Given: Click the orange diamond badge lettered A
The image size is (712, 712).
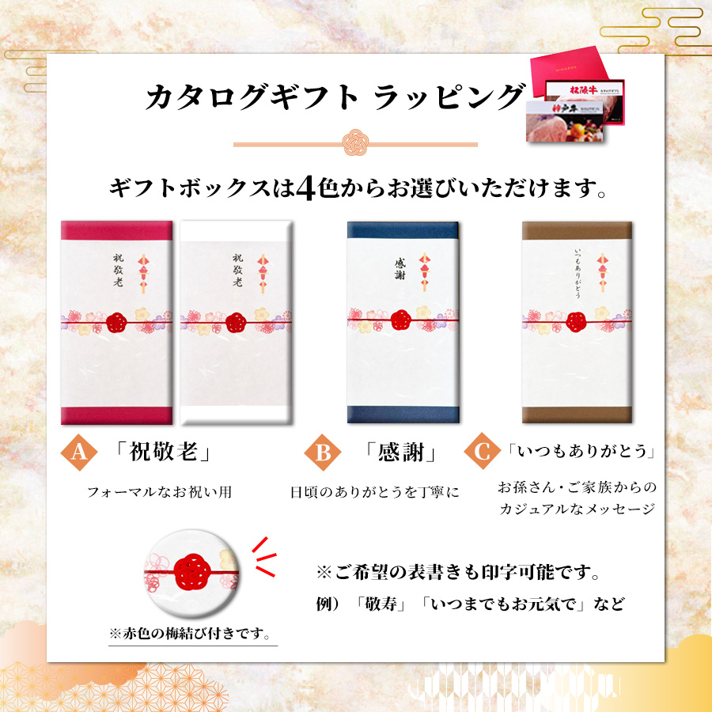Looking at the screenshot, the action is click(79, 452).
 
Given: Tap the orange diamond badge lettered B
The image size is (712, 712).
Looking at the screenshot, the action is click(323, 452).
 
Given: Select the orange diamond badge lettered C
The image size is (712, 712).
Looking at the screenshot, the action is click(483, 451).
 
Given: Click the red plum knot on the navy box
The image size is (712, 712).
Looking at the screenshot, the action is click(401, 320).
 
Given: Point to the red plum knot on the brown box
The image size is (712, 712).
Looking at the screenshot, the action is click(576, 321).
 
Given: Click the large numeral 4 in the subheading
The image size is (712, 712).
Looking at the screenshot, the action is click(305, 188).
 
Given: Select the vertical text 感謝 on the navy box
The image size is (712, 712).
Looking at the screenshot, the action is click(400, 269).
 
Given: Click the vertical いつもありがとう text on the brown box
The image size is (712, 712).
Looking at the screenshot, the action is click(578, 273).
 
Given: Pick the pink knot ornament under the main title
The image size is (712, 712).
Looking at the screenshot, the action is click(355, 142).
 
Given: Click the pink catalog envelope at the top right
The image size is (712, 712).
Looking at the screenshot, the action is click(570, 71).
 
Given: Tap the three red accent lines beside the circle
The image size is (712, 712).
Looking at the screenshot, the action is click(264, 557).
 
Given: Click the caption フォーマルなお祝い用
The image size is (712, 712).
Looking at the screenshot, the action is click(159, 492).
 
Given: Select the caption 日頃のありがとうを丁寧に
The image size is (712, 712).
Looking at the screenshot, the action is click(375, 492).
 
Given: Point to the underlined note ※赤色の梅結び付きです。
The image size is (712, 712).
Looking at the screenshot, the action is click(190, 633).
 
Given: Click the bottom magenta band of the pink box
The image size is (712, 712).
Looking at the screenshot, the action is click(117, 415).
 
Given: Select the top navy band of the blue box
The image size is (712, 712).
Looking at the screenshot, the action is click(403, 230).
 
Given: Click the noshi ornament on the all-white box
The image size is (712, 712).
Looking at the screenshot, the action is click(263, 274).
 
